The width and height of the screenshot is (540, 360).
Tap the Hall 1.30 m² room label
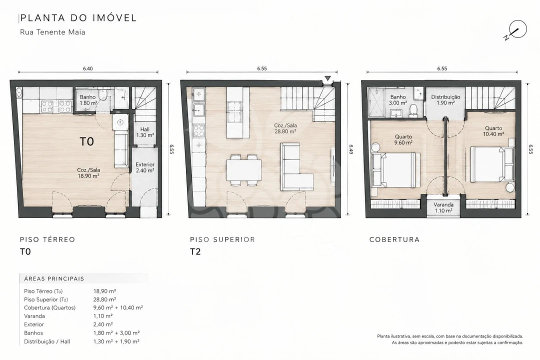[144, 132]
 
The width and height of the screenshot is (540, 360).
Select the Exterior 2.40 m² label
[144, 167]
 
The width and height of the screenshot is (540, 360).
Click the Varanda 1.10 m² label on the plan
[443, 207]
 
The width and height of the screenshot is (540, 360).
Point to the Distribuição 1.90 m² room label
[445, 100]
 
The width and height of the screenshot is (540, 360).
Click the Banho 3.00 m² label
[398, 100]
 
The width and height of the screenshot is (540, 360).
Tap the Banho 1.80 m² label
[88, 100]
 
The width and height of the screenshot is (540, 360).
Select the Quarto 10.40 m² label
[493, 131]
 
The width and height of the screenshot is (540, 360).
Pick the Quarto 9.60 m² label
[403, 139]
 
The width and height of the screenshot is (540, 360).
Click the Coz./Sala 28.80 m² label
[285, 128]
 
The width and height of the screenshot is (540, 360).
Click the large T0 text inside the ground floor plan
[87, 141]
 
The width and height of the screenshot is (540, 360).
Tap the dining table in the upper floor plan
[244, 170]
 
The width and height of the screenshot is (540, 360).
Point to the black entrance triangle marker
[328, 78]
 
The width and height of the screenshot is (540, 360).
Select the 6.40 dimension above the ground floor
[88, 68]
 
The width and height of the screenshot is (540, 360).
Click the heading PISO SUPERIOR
[222, 239]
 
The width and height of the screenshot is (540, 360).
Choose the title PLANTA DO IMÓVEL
[78, 17]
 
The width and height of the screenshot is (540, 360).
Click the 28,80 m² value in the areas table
[104, 299]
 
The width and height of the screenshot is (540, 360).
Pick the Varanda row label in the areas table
[34, 316]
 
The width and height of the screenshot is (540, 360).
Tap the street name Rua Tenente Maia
[52, 32]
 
